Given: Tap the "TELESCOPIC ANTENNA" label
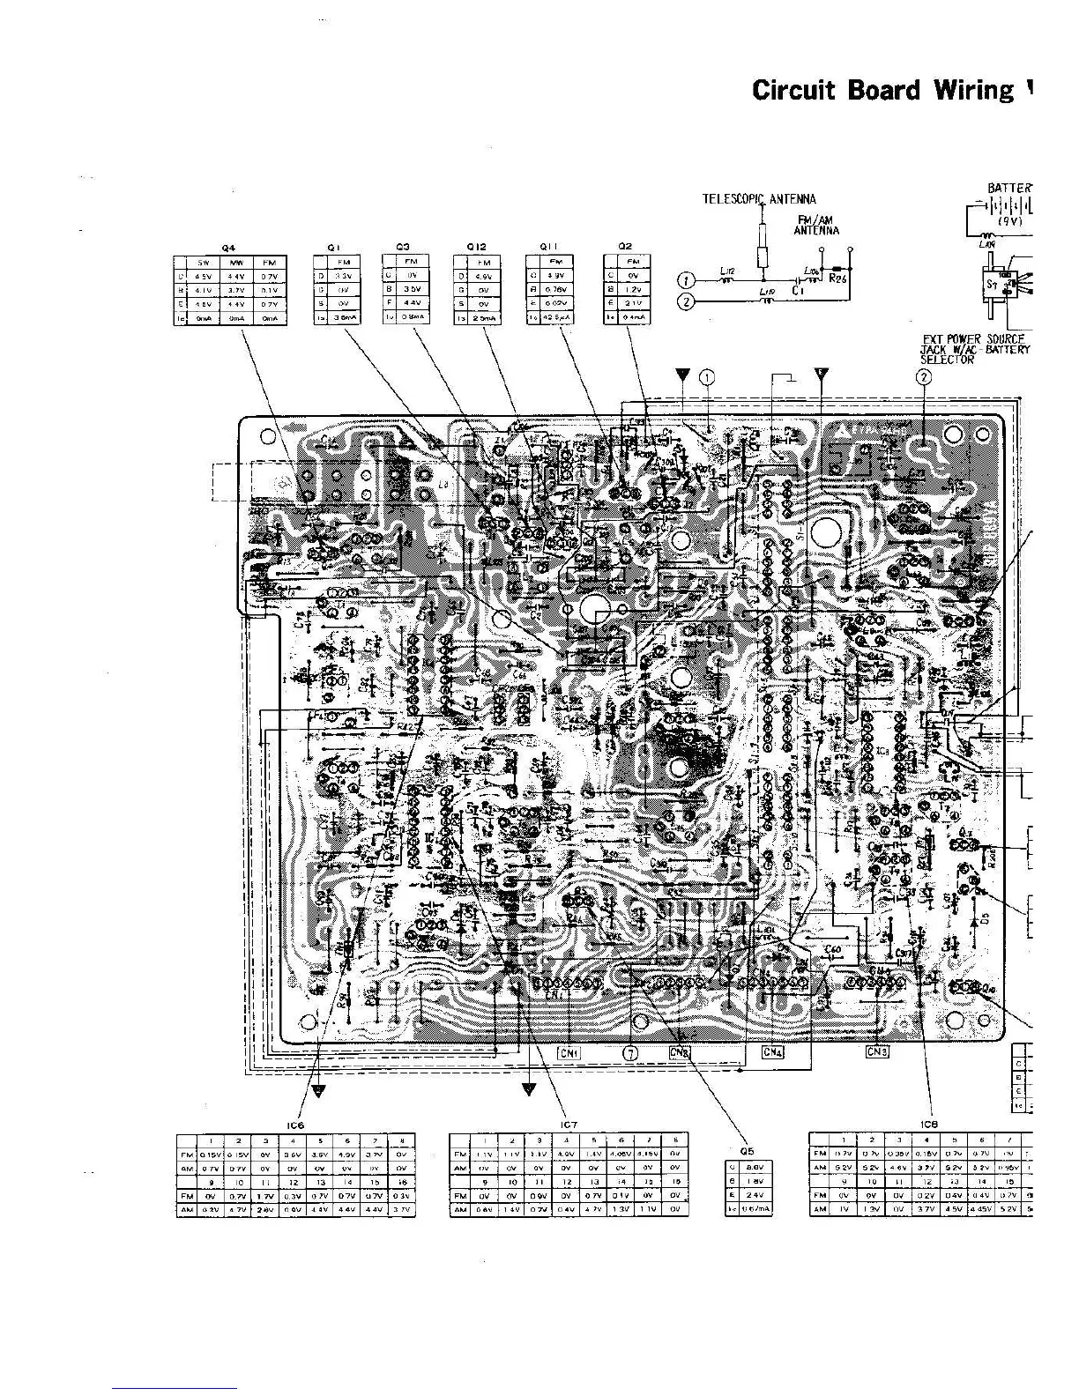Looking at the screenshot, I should (759, 199).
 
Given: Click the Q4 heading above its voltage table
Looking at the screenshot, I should (228, 249).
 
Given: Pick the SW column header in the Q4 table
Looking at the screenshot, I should (203, 263).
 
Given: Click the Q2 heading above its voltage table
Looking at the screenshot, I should (626, 248).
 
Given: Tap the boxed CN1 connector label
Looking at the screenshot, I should (569, 1051).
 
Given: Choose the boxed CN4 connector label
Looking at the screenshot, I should (772, 1051).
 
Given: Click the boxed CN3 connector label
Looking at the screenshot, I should (877, 1051).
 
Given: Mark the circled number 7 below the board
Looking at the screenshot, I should (629, 1052).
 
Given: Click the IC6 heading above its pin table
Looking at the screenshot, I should (295, 1125).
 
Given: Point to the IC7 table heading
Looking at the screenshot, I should (569, 1125).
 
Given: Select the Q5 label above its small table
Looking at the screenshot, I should (747, 1150).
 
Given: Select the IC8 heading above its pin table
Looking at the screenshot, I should (928, 1125).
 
